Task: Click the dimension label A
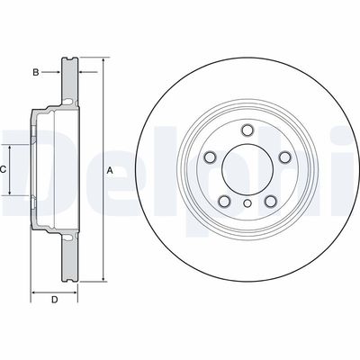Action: (110, 170)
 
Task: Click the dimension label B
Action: (35, 70)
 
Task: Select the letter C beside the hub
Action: (4, 169)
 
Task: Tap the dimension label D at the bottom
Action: (54, 300)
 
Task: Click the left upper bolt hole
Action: (210, 158)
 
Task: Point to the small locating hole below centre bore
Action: (246, 206)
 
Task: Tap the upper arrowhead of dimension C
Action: (13, 144)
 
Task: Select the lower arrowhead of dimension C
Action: (13, 194)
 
